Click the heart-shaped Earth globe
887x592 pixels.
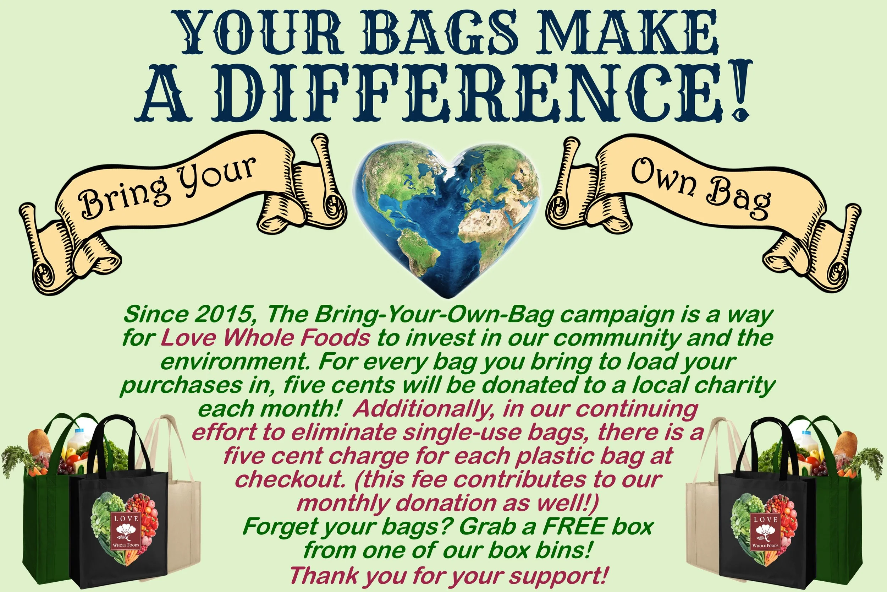[445, 215]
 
